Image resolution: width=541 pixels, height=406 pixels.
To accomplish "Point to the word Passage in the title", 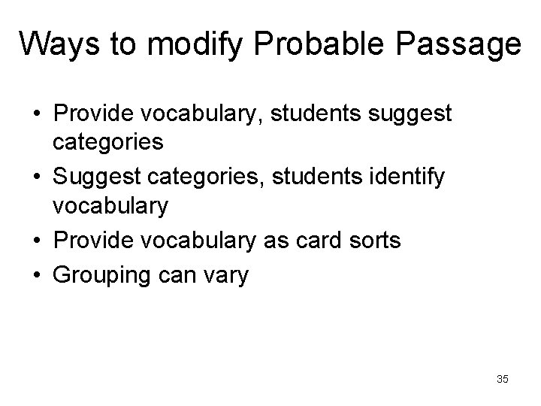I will click(461, 44).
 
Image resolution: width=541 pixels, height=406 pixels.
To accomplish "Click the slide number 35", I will click(502, 379).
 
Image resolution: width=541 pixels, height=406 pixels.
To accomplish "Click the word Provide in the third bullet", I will click(89, 241).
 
